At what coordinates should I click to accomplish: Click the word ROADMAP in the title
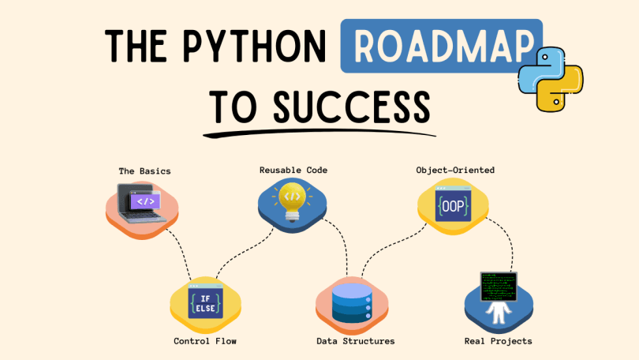(440, 47)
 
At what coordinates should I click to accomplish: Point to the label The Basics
(144, 171)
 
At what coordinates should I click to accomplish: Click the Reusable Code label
(293, 170)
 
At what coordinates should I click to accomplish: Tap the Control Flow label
(205, 341)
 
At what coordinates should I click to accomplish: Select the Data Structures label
(355, 341)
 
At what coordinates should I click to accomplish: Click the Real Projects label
(498, 341)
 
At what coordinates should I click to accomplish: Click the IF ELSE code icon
(205, 302)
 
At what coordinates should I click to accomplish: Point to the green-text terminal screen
(499, 287)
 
